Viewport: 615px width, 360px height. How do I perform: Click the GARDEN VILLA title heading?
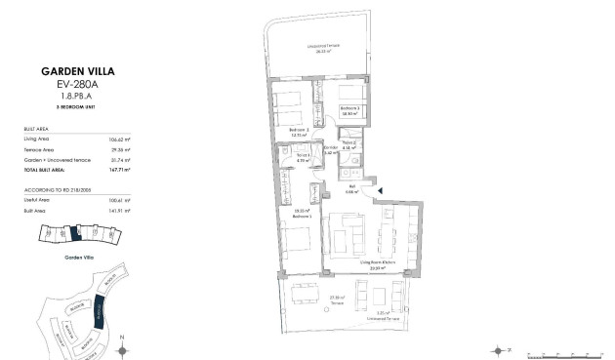(x=66, y=71)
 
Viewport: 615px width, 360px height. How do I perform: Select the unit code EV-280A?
(x=66, y=85)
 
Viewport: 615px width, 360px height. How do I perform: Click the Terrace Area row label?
(x=38, y=149)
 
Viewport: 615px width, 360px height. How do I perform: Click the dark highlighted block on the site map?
(x=99, y=314)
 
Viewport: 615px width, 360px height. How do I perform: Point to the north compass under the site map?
(x=121, y=346)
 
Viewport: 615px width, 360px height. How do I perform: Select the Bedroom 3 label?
(x=351, y=110)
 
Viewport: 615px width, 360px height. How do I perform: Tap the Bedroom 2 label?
(x=299, y=131)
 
